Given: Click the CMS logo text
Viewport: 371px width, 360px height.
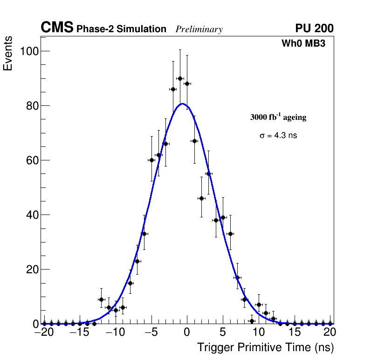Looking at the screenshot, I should pos(57,28).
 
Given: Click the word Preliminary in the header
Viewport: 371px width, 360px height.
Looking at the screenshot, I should pos(199,29).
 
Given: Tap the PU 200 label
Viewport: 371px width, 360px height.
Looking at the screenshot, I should pos(315,28).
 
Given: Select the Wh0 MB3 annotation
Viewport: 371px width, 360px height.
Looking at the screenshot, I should pos(303,44).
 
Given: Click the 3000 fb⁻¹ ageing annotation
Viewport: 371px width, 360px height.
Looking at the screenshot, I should pos(278,118).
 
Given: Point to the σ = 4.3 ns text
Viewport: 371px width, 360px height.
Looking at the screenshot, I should pos(278,136).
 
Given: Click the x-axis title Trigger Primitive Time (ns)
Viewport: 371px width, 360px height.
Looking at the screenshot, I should pos(265,347).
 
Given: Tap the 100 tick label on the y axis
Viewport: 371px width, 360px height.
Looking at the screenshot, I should pos(28,51).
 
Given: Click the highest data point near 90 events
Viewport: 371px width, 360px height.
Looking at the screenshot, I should pos(180,78).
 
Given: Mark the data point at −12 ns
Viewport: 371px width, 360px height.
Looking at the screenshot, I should pos(101,299).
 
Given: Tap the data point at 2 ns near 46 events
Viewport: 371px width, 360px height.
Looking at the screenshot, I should pos(201,198).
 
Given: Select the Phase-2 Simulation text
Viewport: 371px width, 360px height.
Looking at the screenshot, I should pos(121,29).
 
